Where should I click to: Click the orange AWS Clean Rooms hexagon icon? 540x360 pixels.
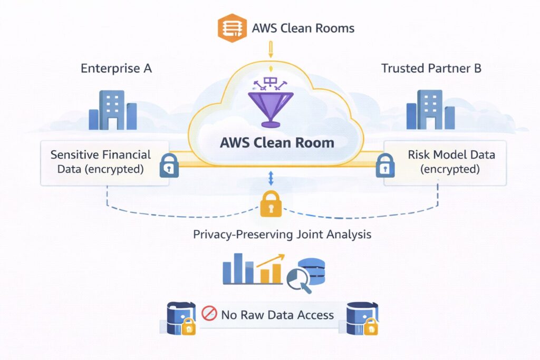click(x=232, y=28)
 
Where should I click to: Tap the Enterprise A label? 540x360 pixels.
click(x=116, y=69)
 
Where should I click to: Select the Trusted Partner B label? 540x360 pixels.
click(x=431, y=69)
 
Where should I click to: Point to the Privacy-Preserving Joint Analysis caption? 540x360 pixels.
click(x=282, y=235)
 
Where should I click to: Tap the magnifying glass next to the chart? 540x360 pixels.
click(x=300, y=281)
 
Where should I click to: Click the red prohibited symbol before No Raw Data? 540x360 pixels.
click(x=209, y=314)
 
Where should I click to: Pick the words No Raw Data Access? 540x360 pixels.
click(x=277, y=315)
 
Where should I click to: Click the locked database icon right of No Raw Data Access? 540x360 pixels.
click(x=362, y=318)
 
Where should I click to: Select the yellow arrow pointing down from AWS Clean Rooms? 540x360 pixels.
click(x=271, y=52)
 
